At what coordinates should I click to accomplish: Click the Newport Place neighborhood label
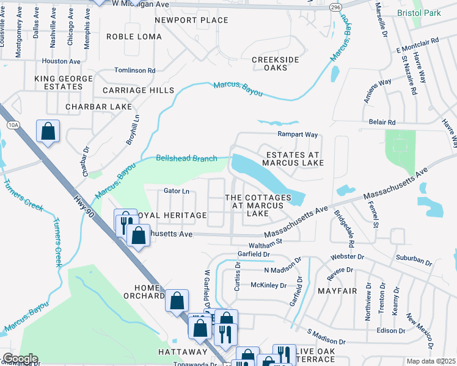pos(191,20)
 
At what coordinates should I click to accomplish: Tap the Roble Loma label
pos(134,37)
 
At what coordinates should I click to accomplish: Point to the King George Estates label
pos(58,82)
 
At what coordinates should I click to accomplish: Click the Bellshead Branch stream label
pos(186,159)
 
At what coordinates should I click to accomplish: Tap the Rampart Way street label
pos(299,134)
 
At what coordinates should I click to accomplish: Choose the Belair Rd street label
pos(382,122)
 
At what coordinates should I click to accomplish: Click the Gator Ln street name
pos(177,191)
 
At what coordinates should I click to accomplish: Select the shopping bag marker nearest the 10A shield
pos(48,132)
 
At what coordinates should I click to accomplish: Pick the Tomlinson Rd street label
pos(135,71)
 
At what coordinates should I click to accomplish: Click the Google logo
pos(20,359)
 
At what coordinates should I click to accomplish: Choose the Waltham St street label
pos(287,242)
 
